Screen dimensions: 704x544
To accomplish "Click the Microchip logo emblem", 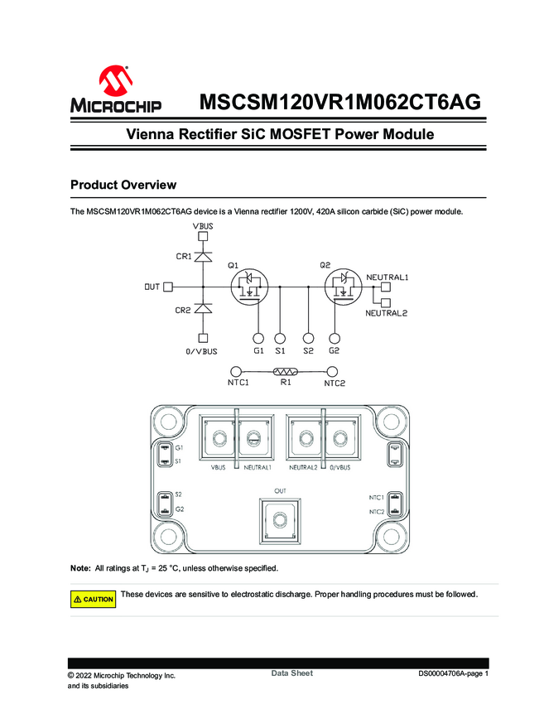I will click(x=115, y=82).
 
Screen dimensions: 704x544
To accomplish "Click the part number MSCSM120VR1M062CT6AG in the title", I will click(x=340, y=103).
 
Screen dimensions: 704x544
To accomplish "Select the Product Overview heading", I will click(x=123, y=184).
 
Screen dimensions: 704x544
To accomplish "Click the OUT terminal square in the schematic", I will click(x=168, y=287).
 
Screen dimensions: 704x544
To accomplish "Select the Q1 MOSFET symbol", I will click(x=249, y=285).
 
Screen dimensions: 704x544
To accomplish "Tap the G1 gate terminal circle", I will click(x=258, y=338).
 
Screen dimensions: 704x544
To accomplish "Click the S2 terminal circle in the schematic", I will click(x=309, y=338).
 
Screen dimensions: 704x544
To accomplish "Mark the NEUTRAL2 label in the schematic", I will click(x=387, y=313).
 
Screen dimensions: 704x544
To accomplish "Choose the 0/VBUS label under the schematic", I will click(x=201, y=351).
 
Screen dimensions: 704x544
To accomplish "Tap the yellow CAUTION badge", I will click(x=93, y=599).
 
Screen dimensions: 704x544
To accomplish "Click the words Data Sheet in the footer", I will click(x=291, y=673).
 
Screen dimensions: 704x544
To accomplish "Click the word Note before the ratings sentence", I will click(x=80, y=568).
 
